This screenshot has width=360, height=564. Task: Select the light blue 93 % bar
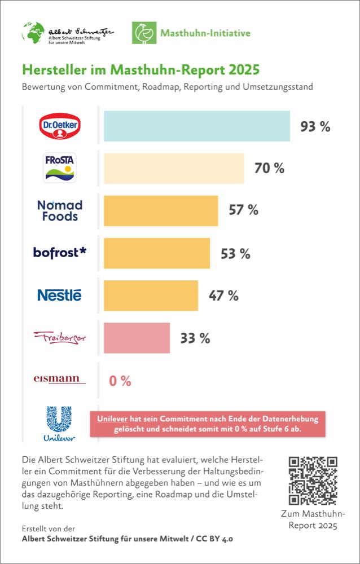click(196, 126)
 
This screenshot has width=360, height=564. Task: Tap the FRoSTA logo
click(59, 168)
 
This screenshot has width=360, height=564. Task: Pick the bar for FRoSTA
click(174, 168)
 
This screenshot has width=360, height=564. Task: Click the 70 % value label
click(269, 168)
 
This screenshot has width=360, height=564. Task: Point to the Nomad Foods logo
click(59, 210)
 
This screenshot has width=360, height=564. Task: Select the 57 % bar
click(161, 210)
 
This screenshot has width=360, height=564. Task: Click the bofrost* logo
click(60, 253)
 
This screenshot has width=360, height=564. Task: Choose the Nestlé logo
click(59, 295)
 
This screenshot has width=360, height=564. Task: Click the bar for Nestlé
click(151, 295)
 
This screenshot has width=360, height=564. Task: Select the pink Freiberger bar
click(137, 338)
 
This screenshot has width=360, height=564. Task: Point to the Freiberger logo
click(60, 338)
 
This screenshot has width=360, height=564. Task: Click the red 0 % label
click(120, 381)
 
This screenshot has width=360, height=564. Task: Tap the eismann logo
click(60, 379)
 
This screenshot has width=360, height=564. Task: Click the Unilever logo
click(59, 422)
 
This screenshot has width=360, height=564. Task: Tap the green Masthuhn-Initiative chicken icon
click(143, 33)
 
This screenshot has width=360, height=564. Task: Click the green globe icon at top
click(33, 32)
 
